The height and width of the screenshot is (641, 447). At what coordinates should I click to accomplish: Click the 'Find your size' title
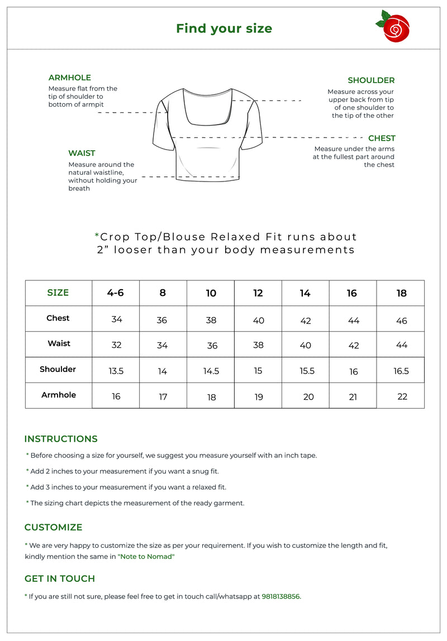coord(224,28)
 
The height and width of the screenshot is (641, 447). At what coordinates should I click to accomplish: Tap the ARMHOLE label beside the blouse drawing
coord(70,78)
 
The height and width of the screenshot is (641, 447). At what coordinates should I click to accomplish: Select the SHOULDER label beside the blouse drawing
coord(371,80)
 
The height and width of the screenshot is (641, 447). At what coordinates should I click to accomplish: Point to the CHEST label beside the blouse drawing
coord(382,138)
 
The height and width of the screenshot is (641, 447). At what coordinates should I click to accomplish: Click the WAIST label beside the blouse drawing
coord(82,153)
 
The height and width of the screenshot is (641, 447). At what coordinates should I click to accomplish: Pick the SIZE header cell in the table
coord(58,293)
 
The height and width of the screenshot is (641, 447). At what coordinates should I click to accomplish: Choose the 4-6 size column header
coord(116,293)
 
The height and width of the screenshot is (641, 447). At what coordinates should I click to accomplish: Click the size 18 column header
coord(401,293)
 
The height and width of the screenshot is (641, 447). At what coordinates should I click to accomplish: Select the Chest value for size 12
coord(258,320)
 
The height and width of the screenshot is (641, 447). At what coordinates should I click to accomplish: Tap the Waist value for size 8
coord(162,346)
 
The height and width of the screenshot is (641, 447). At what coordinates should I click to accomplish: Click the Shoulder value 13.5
coord(116,371)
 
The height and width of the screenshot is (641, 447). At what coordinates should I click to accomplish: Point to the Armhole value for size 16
coord(353,397)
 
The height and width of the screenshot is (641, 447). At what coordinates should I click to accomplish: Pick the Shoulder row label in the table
coord(58,369)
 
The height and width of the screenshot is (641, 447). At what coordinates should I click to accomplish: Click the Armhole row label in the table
coord(59,395)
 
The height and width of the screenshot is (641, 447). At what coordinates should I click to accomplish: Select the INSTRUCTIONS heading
coord(61,439)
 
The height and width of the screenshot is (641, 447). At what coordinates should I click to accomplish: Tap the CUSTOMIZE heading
coord(53,527)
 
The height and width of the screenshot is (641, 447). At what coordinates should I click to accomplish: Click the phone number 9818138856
coord(280,596)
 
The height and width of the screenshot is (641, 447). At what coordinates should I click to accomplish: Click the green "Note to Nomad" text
coord(146,557)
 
